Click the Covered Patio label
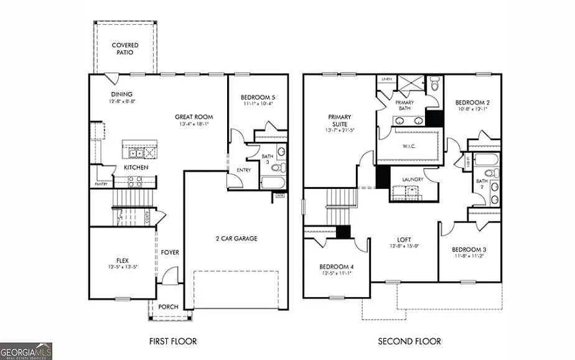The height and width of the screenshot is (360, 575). click(125, 49)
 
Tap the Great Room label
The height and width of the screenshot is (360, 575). click(194, 117)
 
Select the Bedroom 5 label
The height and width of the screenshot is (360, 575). click(258, 98)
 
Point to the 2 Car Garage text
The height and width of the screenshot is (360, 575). click(236, 239)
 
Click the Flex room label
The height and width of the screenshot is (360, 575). click(122, 261)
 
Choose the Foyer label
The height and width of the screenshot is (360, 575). click(170, 252)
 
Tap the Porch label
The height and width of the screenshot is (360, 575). click(169, 307)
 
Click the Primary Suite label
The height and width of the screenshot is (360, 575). click(339, 120)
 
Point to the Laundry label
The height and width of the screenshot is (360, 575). click(413, 180)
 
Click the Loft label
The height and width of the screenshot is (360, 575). click(404, 239)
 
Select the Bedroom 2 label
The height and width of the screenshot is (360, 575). click(472, 103)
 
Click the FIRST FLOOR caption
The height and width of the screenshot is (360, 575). click(173, 341)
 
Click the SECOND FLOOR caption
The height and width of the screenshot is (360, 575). click(409, 341)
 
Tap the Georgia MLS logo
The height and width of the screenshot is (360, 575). click(26, 351)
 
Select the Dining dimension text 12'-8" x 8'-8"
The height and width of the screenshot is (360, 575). click(122, 101)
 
